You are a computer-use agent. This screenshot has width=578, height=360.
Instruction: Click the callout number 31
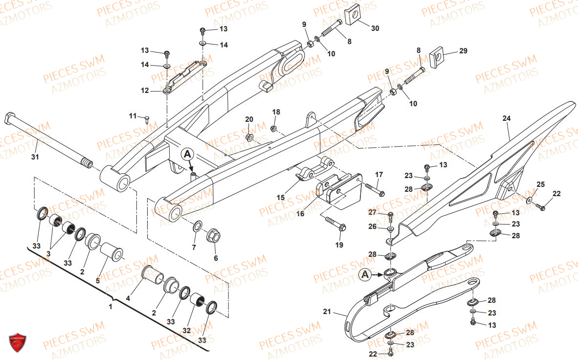point(35,157)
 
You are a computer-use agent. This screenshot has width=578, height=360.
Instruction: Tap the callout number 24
point(506,118)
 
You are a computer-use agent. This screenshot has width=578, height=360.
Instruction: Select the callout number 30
point(375,28)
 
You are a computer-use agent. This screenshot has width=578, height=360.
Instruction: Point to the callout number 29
point(463,51)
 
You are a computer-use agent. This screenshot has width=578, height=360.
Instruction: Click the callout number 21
point(327,311)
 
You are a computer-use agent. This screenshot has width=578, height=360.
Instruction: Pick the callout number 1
point(110,307)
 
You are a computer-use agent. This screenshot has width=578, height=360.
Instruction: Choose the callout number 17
point(379,175)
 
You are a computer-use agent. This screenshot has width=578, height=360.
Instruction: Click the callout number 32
point(187,331)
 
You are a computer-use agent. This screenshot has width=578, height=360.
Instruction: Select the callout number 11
point(133,116)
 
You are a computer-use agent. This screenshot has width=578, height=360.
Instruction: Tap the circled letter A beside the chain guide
point(365,275)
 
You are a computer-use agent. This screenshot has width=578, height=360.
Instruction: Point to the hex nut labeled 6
point(214,235)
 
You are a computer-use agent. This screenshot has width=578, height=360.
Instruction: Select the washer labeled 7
point(199,226)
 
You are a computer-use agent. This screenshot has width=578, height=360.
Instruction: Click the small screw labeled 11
point(146,118)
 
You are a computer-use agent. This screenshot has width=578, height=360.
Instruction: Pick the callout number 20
point(249,119)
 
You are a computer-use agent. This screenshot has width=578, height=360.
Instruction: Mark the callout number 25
point(540,184)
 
